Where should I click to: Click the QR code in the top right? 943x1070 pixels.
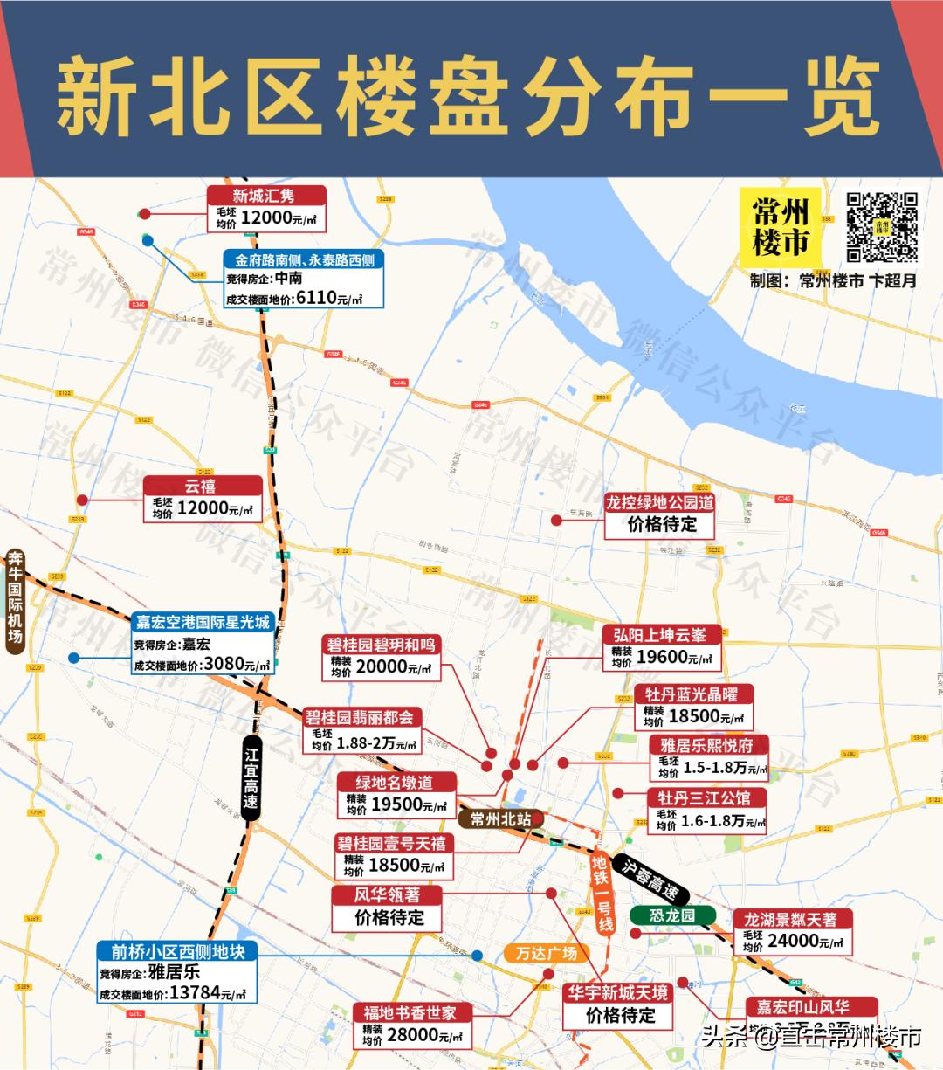tap(881, 226)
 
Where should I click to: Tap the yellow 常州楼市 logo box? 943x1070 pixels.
tap(781, 227)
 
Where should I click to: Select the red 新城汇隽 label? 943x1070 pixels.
tap(266, 196)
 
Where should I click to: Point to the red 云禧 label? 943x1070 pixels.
tap(203, 486)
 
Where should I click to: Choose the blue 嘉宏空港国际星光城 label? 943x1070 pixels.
tap(203, 622)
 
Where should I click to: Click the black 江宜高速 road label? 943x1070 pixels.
tap(251, 777)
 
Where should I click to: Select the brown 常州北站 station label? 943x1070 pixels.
tap(501, 819)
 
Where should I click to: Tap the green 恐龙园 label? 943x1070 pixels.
tap(672, 915)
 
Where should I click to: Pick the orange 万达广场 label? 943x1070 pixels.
tap(547, 952)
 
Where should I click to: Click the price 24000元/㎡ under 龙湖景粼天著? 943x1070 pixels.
tap(805, 941)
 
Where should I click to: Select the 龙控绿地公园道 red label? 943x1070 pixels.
tap(660, 502)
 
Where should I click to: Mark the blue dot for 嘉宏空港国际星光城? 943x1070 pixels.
tap(74, 658)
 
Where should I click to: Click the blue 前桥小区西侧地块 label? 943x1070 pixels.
tap(178, 951)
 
